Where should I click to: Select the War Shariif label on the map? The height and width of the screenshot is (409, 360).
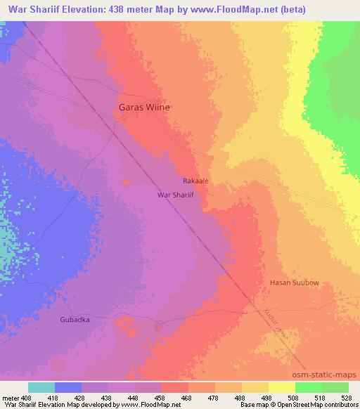coord(176,195)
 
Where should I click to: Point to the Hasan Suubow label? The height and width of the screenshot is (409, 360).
coord(295,283)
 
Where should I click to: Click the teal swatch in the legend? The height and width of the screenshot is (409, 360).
coord(41,387)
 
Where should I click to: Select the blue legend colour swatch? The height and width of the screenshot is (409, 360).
coord(68,387)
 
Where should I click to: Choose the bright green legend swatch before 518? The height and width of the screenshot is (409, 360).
coord(309,387)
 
